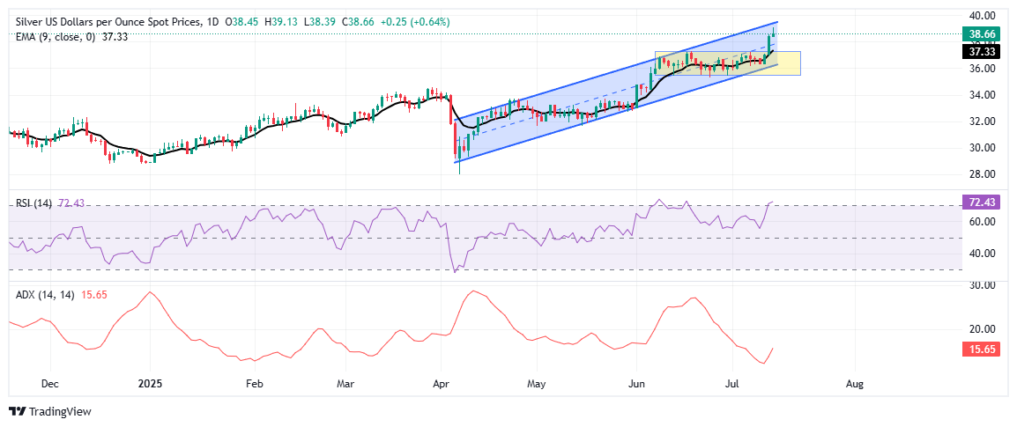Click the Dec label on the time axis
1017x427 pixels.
[49, 384]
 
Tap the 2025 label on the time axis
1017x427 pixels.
[150, 384]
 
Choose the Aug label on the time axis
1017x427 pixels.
[854, 384]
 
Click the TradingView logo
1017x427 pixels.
[50, 411]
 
